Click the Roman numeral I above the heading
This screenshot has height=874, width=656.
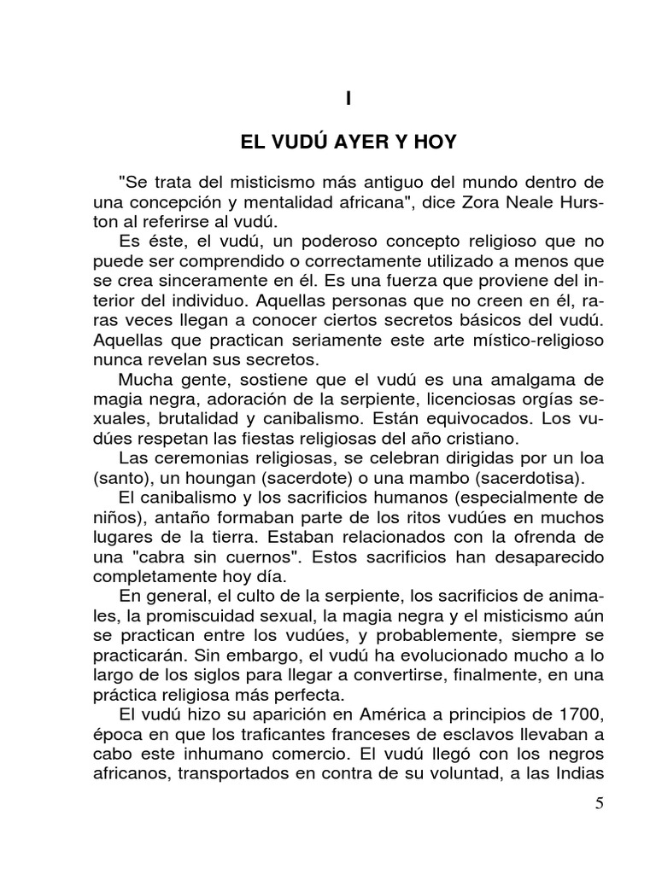tap(348, 99)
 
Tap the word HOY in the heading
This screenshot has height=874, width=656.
tap(436, 144)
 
